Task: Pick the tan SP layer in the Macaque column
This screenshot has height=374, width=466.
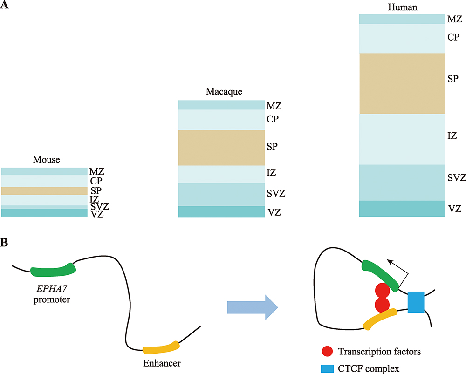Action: click(221, 148)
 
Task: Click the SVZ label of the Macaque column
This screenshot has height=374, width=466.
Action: click(277, 192)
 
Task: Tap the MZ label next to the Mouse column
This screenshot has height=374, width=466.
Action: click(96, 172)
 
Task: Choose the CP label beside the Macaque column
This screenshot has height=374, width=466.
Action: click(273, 119)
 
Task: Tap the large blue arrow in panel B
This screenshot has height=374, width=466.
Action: click(252, 307)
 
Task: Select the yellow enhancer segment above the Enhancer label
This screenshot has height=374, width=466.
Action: click(161, 348)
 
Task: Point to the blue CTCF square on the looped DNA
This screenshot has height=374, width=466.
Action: click(416, 302)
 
